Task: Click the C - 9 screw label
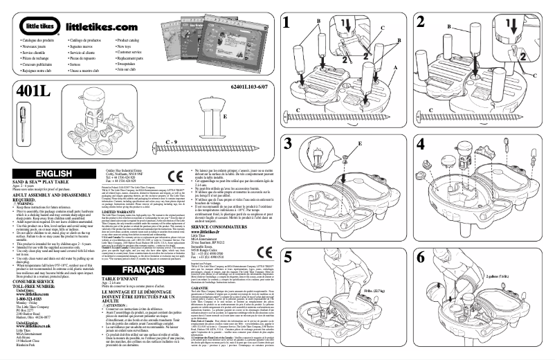click(172, 141)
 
